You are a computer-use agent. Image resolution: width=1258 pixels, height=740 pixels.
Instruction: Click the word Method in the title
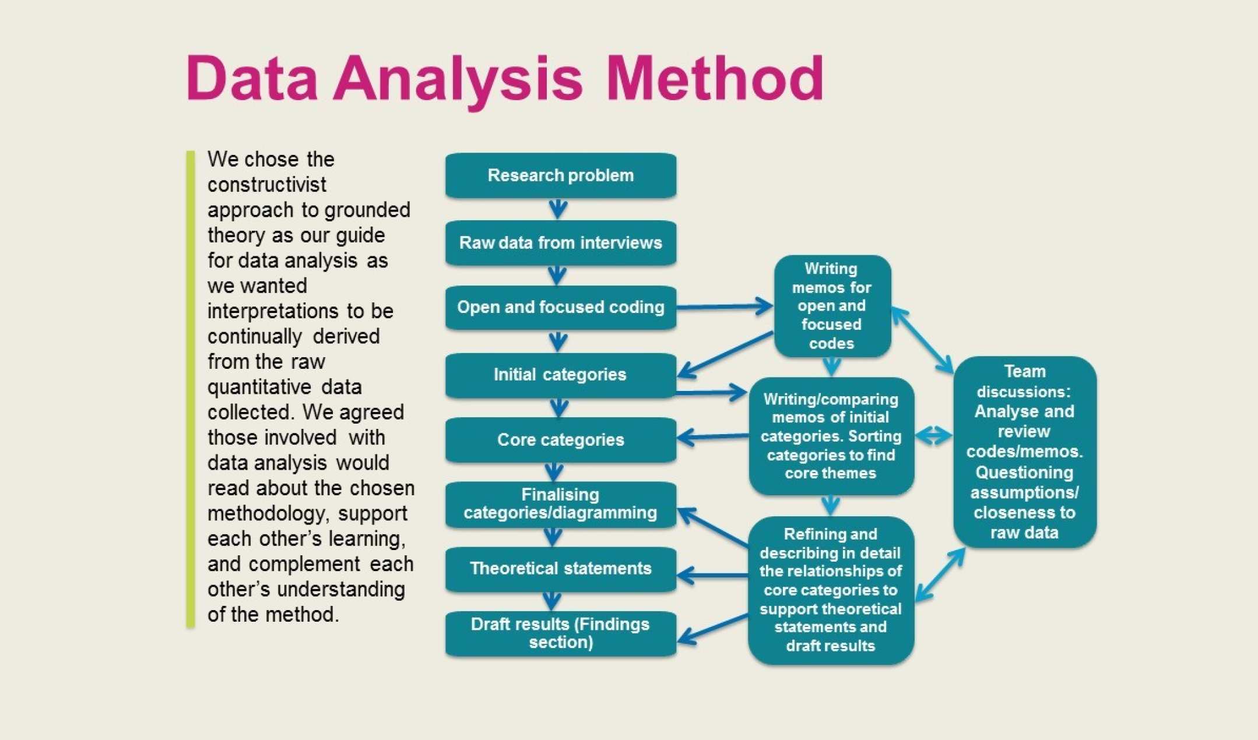click(x=715, y=79)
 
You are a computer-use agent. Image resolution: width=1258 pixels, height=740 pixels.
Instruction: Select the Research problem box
click(x=560, y=175)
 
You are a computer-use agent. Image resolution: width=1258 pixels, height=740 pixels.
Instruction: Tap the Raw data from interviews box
click(x=560, y=242)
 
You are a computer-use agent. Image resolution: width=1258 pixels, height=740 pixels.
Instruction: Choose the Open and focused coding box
click(x=560, y=307)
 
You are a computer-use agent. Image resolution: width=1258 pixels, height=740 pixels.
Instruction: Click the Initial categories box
click(x=560, y=375)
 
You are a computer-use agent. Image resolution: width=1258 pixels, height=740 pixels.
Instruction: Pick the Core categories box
click(x=560, y=440)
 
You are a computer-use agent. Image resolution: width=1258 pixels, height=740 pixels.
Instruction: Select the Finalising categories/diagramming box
click(x=560, y=504)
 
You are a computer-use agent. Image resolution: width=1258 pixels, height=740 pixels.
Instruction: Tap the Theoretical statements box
click(x=560, y=569)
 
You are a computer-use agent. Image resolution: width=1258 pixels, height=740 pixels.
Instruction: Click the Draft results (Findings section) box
click(x=560, y=633)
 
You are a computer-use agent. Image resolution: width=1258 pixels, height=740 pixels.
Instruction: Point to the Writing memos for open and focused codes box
click(x=832, y=306)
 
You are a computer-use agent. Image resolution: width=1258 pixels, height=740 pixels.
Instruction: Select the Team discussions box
click(x=1024, y=452)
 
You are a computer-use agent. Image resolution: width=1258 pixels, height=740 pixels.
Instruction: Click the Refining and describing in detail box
click(x=831, y=590)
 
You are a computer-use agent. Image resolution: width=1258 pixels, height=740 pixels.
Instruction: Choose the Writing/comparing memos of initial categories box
click(x=831, y=436)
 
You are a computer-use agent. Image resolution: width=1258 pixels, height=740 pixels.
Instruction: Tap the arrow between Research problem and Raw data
click(x=558, y=209)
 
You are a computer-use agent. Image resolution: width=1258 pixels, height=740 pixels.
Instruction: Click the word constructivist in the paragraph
click(x=266, y=185)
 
